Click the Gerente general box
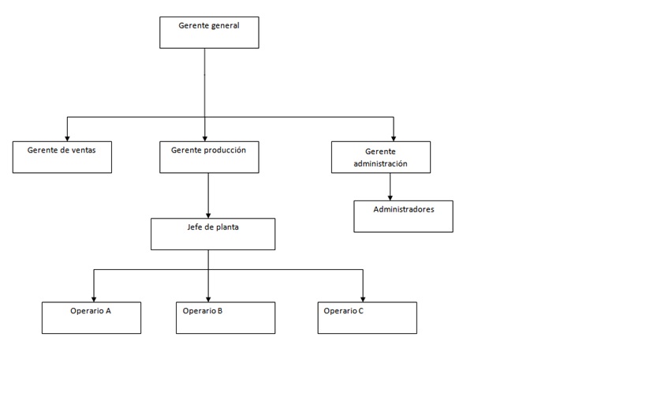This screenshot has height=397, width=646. click(x=209, y=32)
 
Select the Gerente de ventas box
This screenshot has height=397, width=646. click(x=62, y=157)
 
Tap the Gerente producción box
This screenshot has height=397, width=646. click(x=209, y=157)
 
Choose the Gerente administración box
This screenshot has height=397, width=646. click(x=381, y=157)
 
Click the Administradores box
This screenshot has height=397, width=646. click(x=403, y=216)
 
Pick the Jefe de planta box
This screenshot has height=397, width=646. click(x=213, y=234)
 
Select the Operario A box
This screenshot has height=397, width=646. click(x=91, y=318)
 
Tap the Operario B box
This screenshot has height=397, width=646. click(x=226, y=318)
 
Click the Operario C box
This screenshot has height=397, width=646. click(x=368, y=318)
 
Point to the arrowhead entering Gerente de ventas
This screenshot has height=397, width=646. click(x=67, y=139)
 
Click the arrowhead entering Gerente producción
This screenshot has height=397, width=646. click(x=205, y=139)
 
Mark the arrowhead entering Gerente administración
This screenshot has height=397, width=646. click(x=394, y=139)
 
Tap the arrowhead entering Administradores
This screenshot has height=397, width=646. click(x=390, y=198)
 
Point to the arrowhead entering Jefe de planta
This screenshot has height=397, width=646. click(x=208, y=215)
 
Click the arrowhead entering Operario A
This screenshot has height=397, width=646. click(x=94, y=299)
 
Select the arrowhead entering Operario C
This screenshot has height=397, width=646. click(x=363, y=299)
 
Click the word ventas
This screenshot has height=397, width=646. click(x=84, y=150)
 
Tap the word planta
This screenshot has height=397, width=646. click(x=226, y=227)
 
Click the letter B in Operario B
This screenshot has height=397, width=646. click(x=219, y=311)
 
